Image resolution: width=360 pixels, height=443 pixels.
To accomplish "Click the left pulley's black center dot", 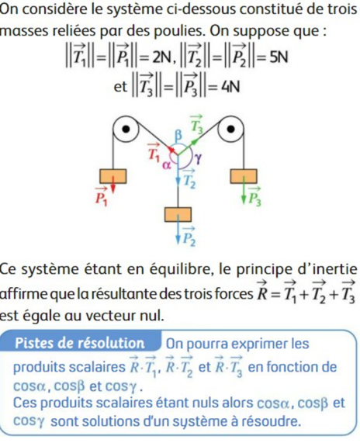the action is (126, 129).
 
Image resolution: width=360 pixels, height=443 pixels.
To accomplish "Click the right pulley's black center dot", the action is (231, 129).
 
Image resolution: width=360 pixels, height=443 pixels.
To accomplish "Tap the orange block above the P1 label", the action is (113, 176).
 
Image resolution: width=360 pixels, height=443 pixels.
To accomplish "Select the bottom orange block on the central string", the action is (178, 214).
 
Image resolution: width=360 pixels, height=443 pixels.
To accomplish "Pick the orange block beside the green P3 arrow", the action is (244, 176).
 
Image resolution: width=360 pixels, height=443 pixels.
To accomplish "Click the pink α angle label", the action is (167, 165).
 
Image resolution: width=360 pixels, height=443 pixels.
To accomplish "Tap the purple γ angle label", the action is (199, 159).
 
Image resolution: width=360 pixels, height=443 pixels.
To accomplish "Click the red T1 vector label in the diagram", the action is (154, 153).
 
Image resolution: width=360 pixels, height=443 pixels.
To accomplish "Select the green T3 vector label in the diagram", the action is (197, 124).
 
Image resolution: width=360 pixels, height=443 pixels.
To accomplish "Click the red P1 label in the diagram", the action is (101, 196).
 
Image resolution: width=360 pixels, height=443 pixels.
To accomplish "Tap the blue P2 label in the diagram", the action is (189, 237).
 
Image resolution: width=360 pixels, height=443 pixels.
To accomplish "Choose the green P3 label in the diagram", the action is (255, 196).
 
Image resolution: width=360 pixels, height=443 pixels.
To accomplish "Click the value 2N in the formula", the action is (162, 57).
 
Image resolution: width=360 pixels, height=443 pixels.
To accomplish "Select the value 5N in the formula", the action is (279, 57).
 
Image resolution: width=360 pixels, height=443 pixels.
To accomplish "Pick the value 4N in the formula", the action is (230, 87).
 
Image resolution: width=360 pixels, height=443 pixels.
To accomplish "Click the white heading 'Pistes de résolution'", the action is (80, 343).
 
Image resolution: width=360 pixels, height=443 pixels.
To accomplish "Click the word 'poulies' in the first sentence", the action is (178, 31).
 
